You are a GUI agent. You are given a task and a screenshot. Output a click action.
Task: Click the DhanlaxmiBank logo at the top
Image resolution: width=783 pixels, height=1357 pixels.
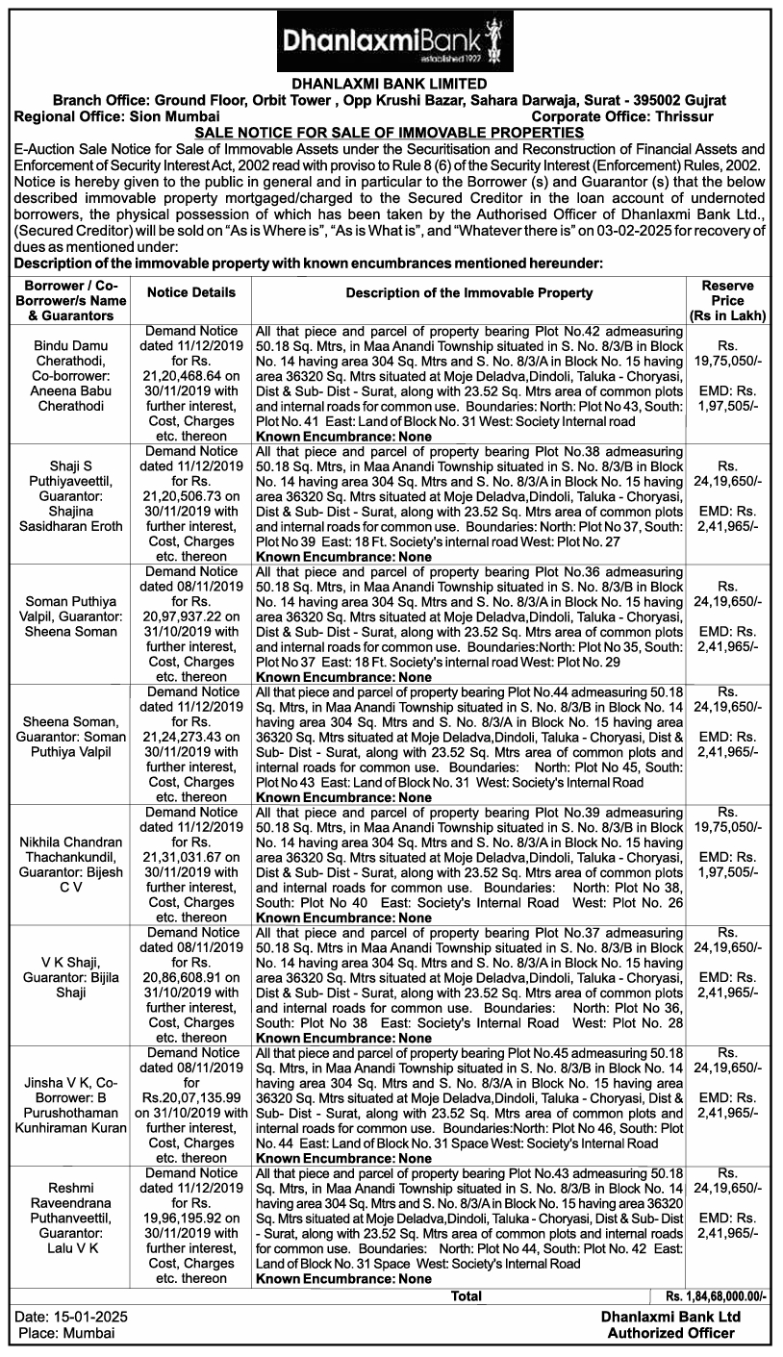point(391,38)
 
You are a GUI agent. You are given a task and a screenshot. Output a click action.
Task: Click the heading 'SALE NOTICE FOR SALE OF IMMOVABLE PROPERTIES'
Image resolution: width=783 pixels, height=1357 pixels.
point(391,132)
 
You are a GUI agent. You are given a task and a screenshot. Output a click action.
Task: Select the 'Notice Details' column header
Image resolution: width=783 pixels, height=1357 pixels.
point(190,292)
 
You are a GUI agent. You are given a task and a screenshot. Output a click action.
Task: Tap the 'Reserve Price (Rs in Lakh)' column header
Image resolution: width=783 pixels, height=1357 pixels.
point(727,300)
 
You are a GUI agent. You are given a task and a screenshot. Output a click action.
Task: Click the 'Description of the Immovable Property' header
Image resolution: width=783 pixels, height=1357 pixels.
point(468,292)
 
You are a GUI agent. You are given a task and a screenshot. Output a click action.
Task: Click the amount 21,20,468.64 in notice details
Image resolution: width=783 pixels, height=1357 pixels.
point(190,377)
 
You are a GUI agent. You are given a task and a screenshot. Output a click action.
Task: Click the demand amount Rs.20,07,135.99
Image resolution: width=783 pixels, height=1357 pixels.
point(190,1098)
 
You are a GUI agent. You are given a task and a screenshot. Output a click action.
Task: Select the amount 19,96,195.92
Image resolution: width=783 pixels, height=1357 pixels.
point(190,1219)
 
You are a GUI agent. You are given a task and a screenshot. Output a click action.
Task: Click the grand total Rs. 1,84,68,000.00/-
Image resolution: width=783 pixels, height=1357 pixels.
point(716,1296)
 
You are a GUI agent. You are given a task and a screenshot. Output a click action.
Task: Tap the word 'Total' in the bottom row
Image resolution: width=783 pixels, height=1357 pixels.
point(467,1296)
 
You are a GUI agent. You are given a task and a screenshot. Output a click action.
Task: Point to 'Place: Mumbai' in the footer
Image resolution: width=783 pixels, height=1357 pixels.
point(66,1333)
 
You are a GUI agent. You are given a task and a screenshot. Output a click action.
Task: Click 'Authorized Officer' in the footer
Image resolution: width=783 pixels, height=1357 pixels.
point(670,1333)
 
